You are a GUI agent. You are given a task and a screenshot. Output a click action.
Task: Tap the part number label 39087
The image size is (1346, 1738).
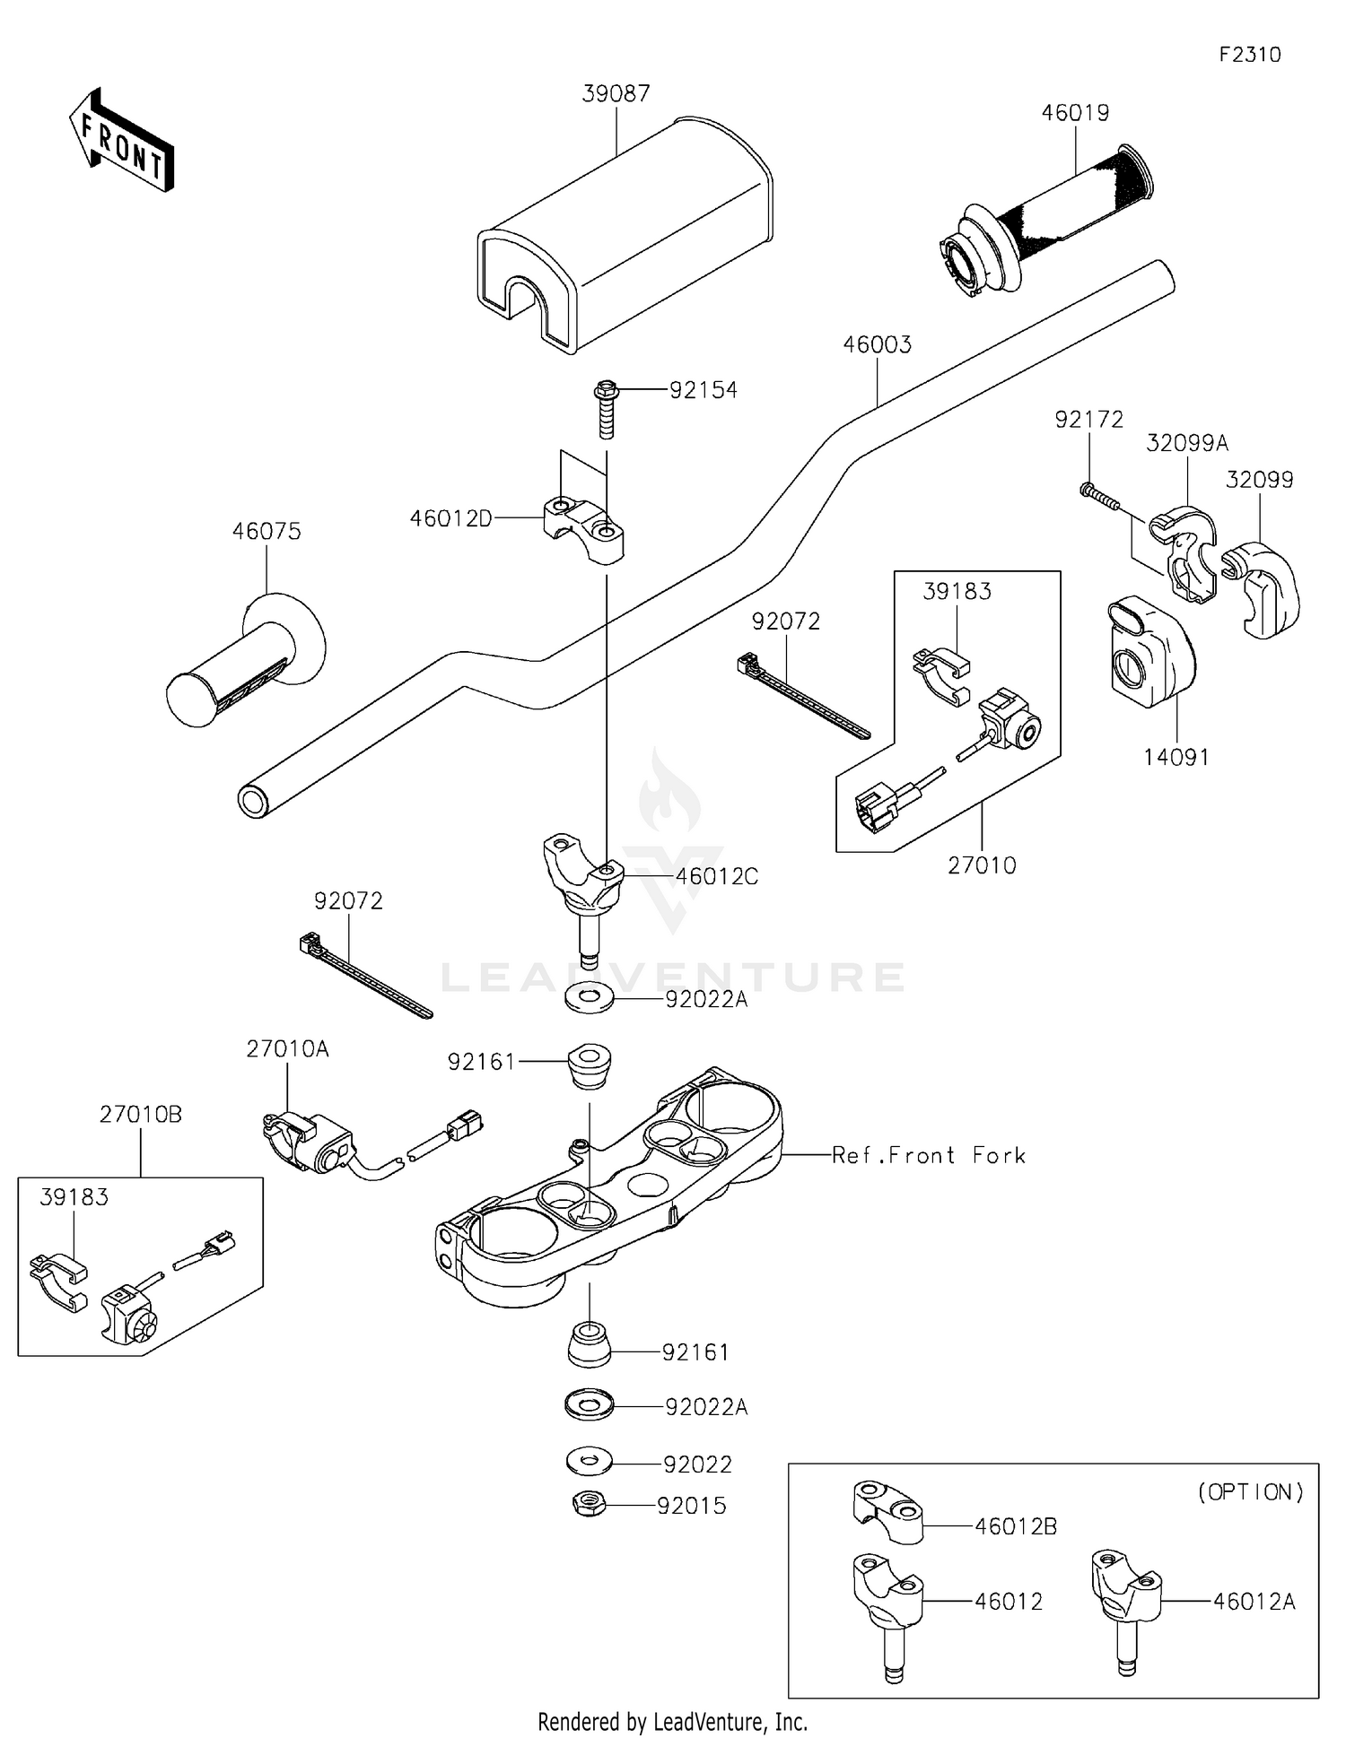[x=616, y=93]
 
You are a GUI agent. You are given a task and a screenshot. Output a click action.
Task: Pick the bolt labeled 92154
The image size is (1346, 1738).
[x=607, y=408]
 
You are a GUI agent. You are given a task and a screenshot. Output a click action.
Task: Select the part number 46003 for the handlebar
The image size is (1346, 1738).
[x=877, y=344]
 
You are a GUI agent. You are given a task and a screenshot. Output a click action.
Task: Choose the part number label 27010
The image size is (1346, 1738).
[x=982, y=865]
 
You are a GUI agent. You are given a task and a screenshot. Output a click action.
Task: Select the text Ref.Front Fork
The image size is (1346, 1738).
[x=928, y=1155]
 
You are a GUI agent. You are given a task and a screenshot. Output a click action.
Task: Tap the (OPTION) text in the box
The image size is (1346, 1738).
[x=1250, y=1491]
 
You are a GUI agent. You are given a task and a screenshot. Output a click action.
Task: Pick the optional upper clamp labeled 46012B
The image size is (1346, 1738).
[x=887, y=1512]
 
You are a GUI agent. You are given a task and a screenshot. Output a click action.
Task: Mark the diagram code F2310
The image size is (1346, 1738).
[x=1249, y=55]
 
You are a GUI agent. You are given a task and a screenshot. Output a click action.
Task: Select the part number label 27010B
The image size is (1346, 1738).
[x=140, y=1114]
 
